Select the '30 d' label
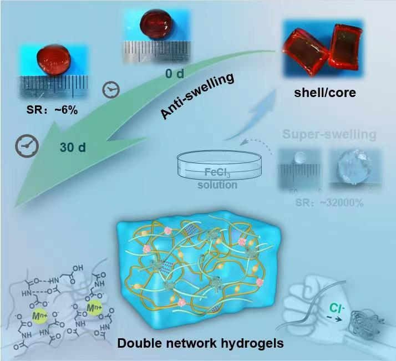coord(73,148)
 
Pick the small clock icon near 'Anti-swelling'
coord(111,89)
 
